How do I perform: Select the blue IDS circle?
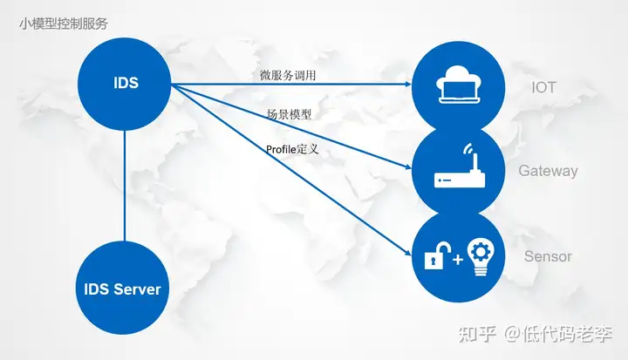[x=126, y=85]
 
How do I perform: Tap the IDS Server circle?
[x=124, y=288]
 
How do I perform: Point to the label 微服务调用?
[x=288, y=76]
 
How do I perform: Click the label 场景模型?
[x=290, y=114]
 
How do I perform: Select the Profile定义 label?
[x=292, y=149]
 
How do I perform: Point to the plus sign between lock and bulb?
[x=456, y=259]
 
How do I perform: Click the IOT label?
[x=543, y=87]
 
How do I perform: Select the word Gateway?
[x=548, y=171]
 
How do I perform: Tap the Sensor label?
[x=548, y=256]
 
